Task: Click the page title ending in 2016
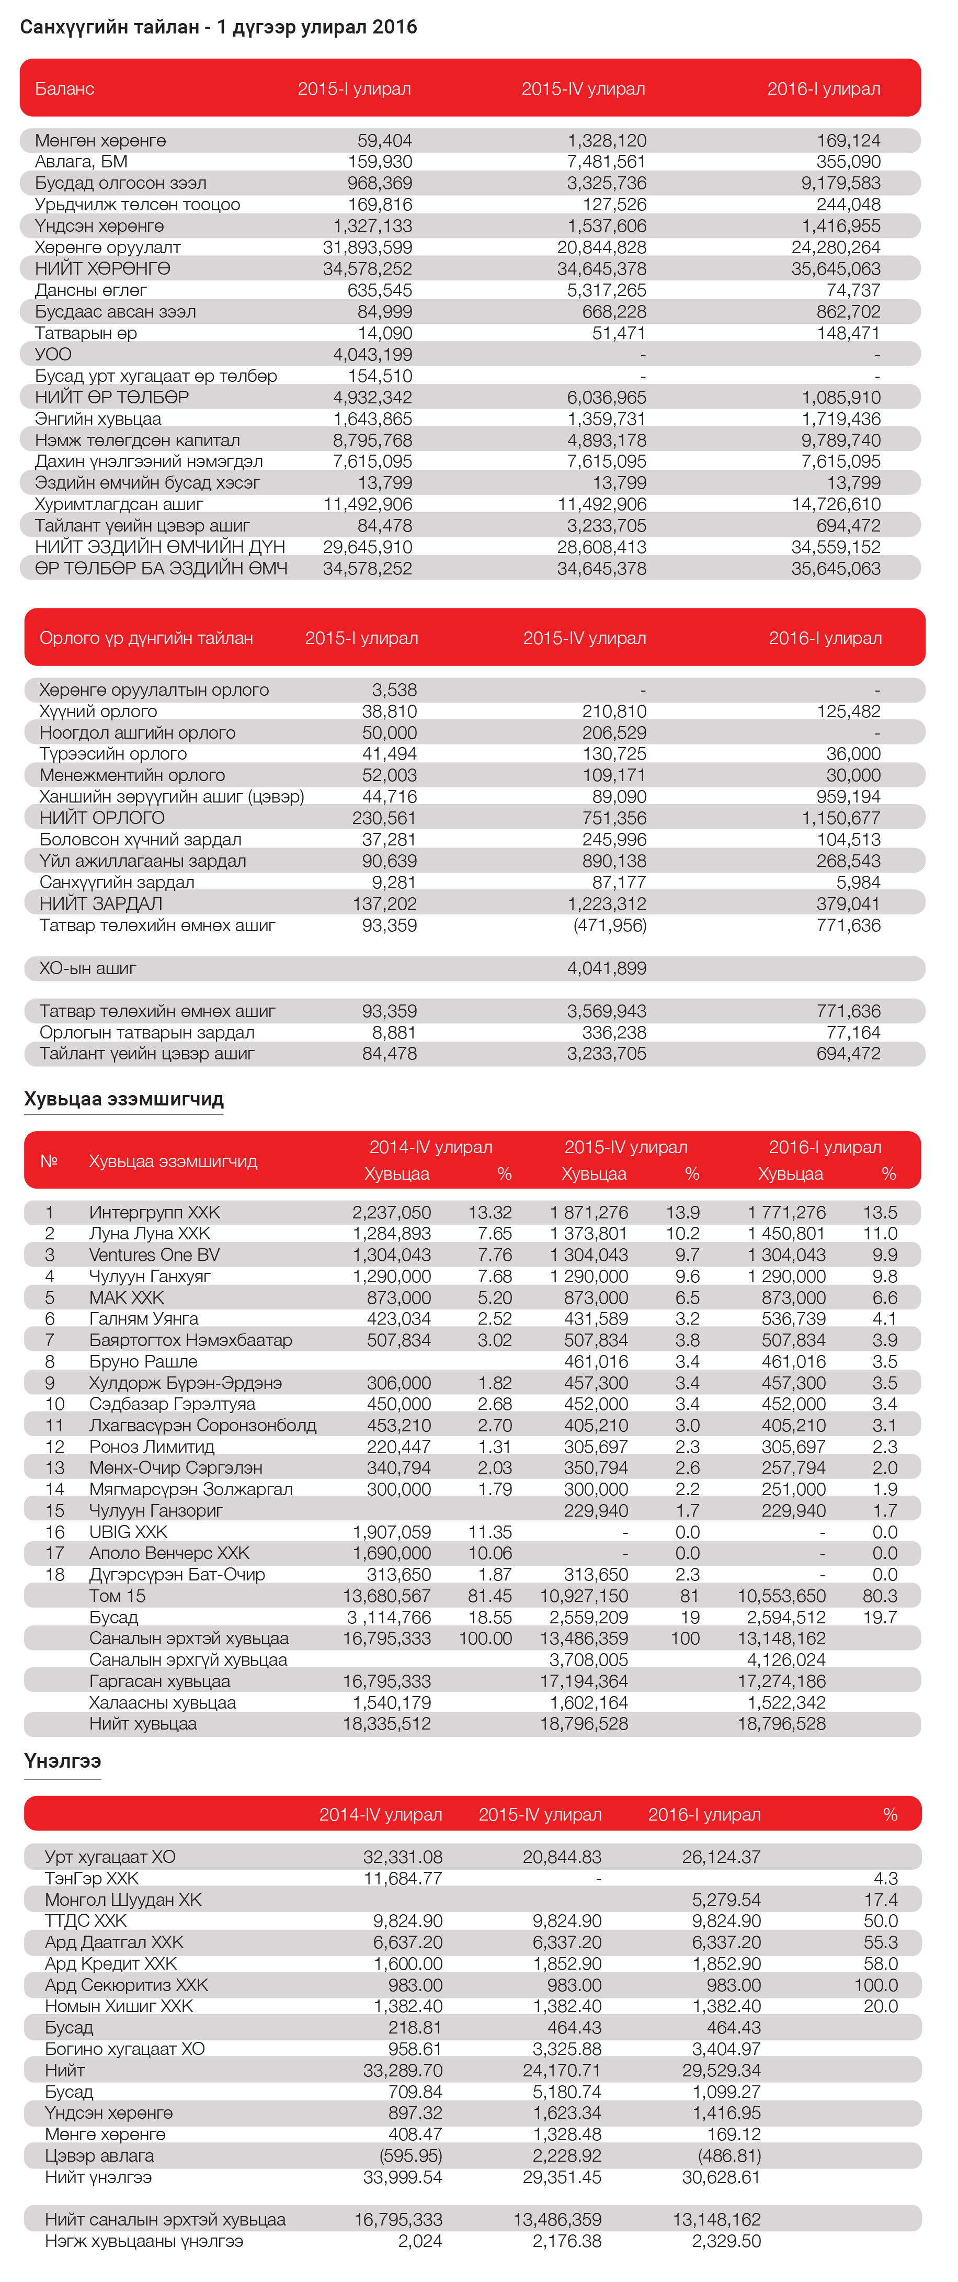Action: tap(218, 27)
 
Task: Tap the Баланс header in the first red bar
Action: tap(65, 88)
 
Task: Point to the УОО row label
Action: tap(53, 354)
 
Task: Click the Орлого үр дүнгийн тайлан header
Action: tap(146, 638)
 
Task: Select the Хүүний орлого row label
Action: tap(98, 711)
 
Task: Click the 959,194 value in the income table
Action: tap(848, 796)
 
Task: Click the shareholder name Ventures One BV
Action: tap(154, 1255)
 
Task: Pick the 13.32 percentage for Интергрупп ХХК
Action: tap(489, 1213)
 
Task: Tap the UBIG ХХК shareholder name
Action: tap(129, 1532)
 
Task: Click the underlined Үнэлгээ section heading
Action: tap(63, 1761)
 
